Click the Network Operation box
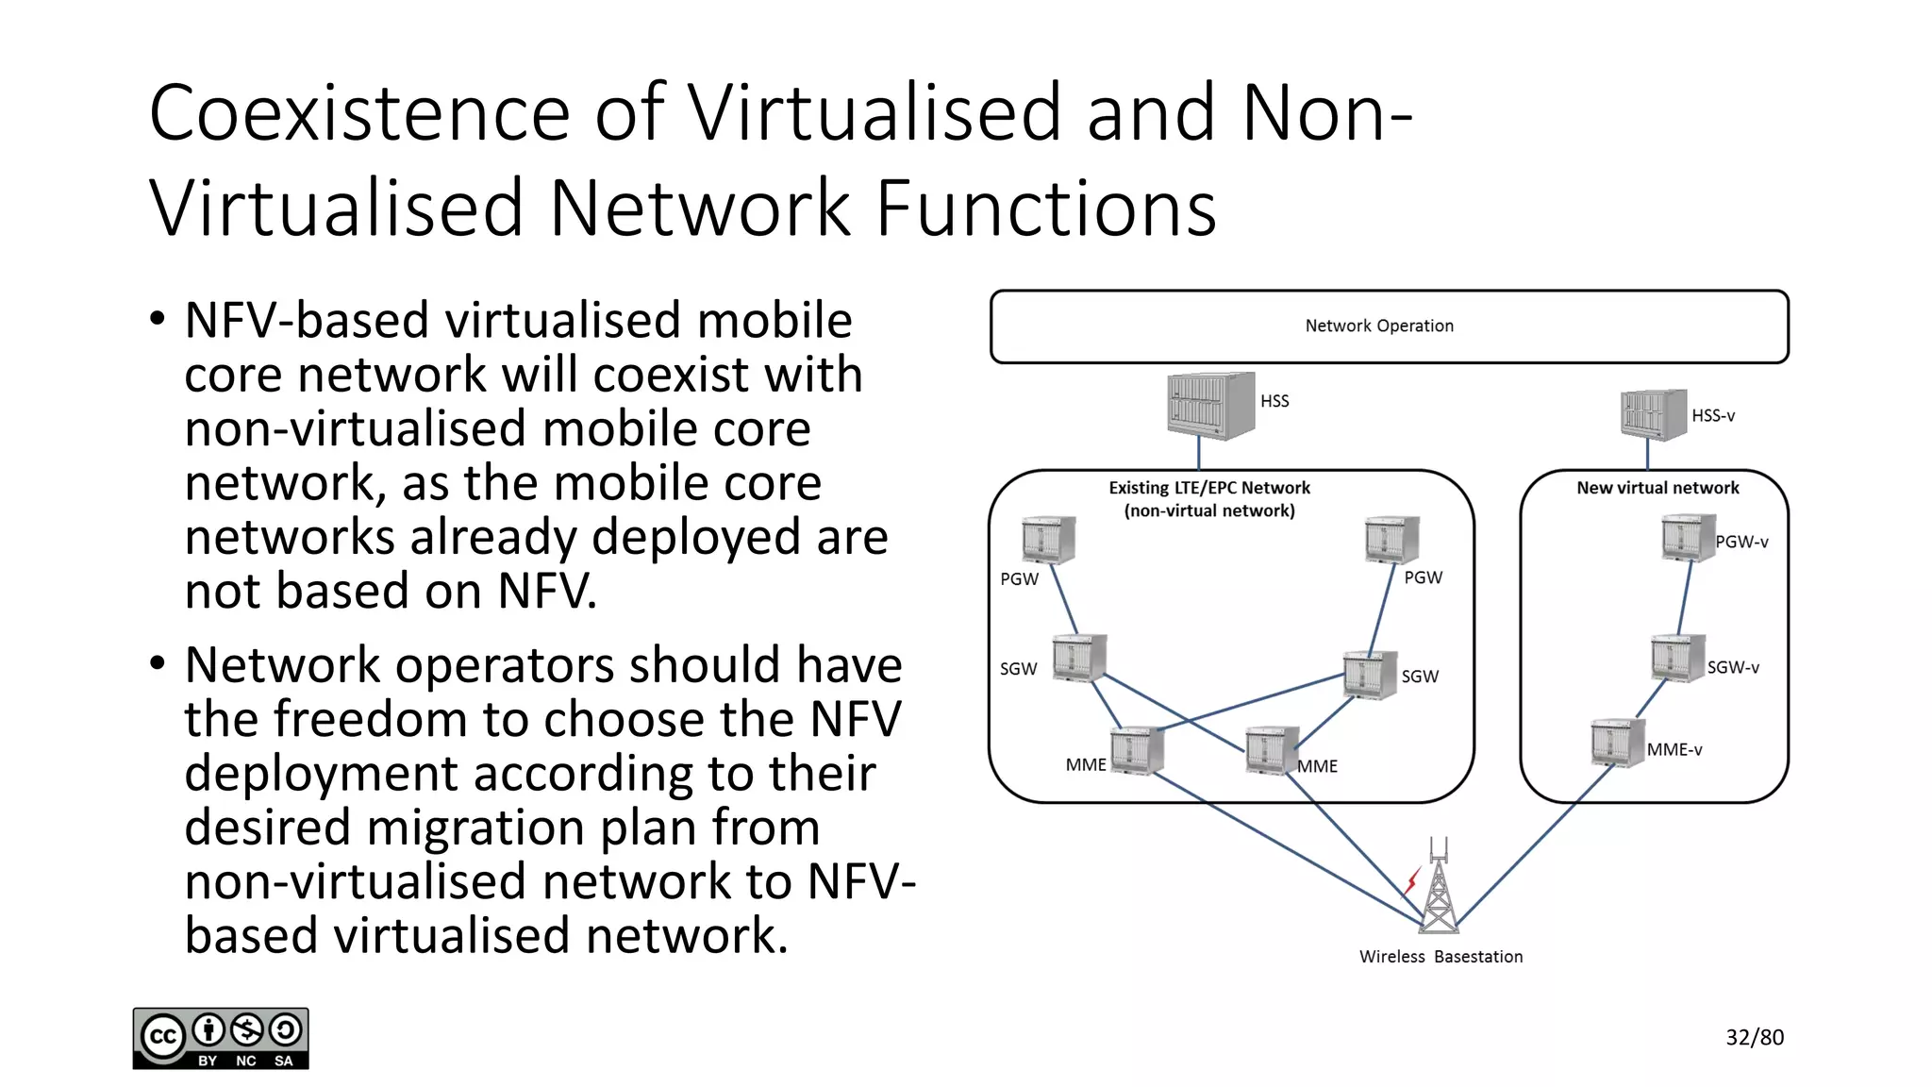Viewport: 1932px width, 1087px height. [x=1389, y=326]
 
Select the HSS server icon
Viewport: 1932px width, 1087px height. [x=1210, y=406]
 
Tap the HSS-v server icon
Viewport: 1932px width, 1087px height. [x=1653, y=414]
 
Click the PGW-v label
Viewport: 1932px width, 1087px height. [x=1741, y=542]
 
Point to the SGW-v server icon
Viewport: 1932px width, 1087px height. [x=1677, y=658]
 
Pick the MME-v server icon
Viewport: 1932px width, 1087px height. [x=1617, y=743]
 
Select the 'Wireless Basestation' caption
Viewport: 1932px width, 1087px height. [x=1441, y=957]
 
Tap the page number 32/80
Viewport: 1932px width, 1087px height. [x=1755, y=1037]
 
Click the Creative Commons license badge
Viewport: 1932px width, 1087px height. [x=221, y=1039]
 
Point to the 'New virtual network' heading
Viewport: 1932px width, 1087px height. [x=1657, y=488]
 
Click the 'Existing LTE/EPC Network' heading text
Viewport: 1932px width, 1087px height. [x=1209, y=488]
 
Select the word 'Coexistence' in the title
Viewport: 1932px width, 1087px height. [x=359, y=113]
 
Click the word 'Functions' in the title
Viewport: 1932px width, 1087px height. [x=1046, y=209]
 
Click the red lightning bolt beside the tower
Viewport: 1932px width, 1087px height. [x=1411, y=881]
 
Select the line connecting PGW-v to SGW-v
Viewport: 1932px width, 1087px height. [x=1686, y=598]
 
